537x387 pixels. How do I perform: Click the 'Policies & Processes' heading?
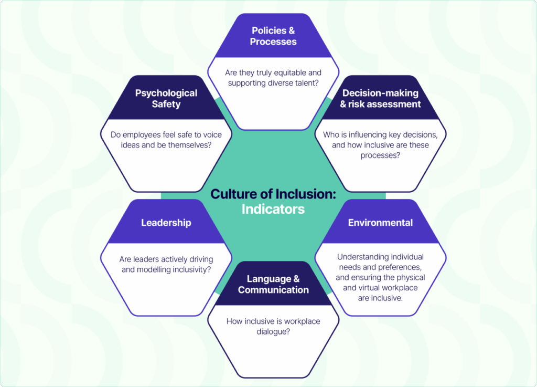point(273,36)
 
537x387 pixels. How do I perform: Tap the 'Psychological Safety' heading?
point(166,98)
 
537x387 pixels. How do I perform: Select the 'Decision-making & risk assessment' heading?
point(380,98)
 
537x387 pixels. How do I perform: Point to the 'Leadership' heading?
point(166,223)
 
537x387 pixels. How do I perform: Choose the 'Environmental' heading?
point(380,223)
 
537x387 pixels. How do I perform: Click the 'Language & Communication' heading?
point(273,284)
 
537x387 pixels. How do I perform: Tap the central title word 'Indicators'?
point(273,209)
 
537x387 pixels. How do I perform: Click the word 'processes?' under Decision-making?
point(381,155)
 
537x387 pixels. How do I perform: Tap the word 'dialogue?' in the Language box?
point(273,331)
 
